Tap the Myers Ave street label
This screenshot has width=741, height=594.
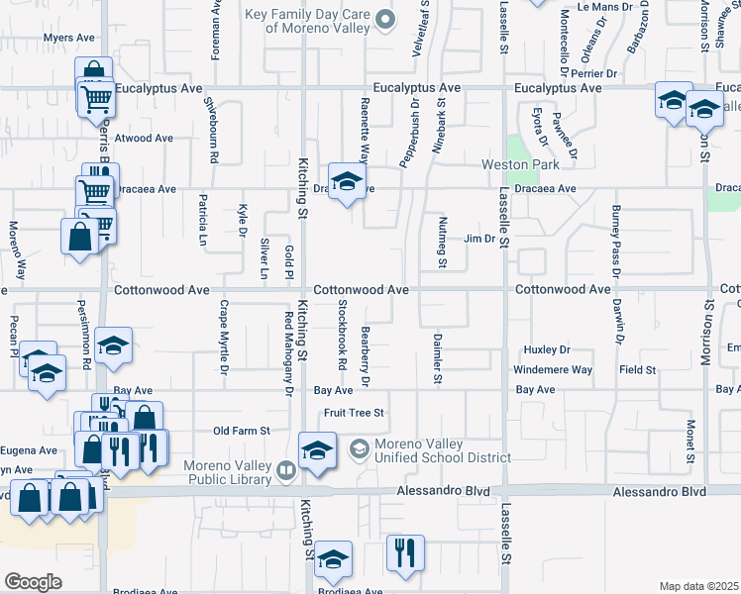click(68, 38)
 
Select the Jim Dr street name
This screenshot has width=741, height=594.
click(478, 240)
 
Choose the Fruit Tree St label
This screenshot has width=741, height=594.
click(350, 412)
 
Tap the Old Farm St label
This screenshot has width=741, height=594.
click(243, 431)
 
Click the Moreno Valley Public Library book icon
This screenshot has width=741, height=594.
click(286, 470)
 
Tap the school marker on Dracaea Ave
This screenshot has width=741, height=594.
click(347, 182)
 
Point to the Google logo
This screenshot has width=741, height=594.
click(33, 582)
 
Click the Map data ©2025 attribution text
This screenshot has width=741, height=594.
click(698, 586)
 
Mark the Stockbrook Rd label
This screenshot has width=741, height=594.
click(342, 336)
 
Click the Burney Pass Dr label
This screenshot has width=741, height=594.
click(615, 241)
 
